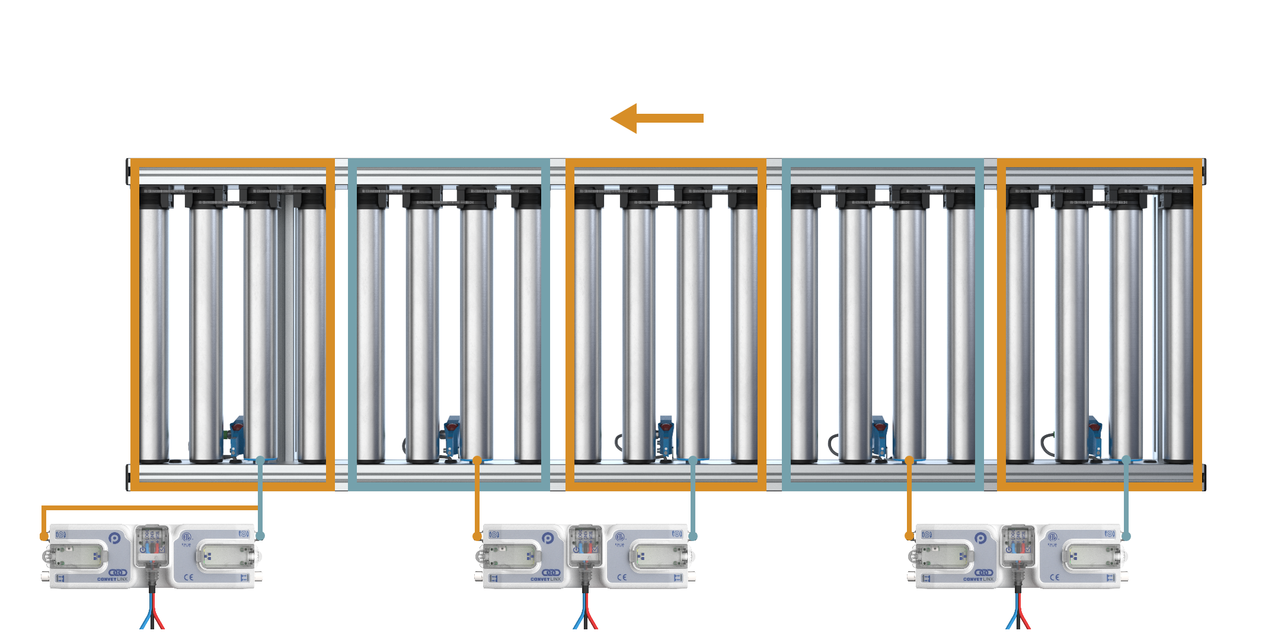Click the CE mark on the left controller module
[x=188, y=577]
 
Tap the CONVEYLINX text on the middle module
[x=545, y=579]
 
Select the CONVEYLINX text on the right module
[x=978, y=579]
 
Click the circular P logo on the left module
[x=115, y=538]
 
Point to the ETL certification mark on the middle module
[x=619, y=537]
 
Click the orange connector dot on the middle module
[x=477, y=536]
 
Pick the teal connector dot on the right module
[x=1126, y=536]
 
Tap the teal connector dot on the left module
[x=260, y=536]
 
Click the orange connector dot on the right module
[x=909, y=536]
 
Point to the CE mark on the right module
[x=1054, y=577]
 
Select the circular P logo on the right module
[x=980, y=538]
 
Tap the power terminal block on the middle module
[x=585, y=545]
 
